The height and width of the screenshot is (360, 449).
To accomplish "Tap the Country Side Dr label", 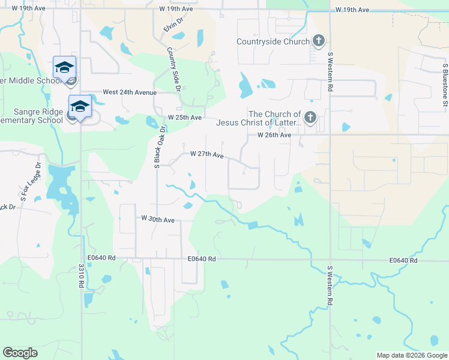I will tap(174, 69).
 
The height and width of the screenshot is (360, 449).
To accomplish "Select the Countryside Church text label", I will tap(273, 41).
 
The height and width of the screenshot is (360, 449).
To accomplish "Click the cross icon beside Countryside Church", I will tap(319, 41).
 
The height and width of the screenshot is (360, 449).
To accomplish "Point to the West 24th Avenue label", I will tap(129, 92).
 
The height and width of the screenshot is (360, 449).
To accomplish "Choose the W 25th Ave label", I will tap(184, 117).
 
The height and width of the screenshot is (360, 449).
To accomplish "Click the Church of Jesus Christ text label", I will tap(274, 119).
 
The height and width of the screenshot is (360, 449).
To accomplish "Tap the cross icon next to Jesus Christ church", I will tap(310, 117).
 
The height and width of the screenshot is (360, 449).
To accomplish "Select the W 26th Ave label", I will tap(274, 136).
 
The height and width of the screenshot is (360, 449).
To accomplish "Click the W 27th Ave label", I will tap(206, 154).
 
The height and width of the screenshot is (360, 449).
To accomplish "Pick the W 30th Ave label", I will tap(157, 220).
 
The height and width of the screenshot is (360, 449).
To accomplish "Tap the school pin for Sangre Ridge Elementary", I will tap(80, 106).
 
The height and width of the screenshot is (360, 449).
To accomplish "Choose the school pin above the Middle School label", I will tap(64, 67).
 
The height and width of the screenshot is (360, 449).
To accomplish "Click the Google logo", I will tap(20, 353).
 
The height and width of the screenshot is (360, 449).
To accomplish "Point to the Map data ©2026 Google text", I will tap(411, 355).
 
